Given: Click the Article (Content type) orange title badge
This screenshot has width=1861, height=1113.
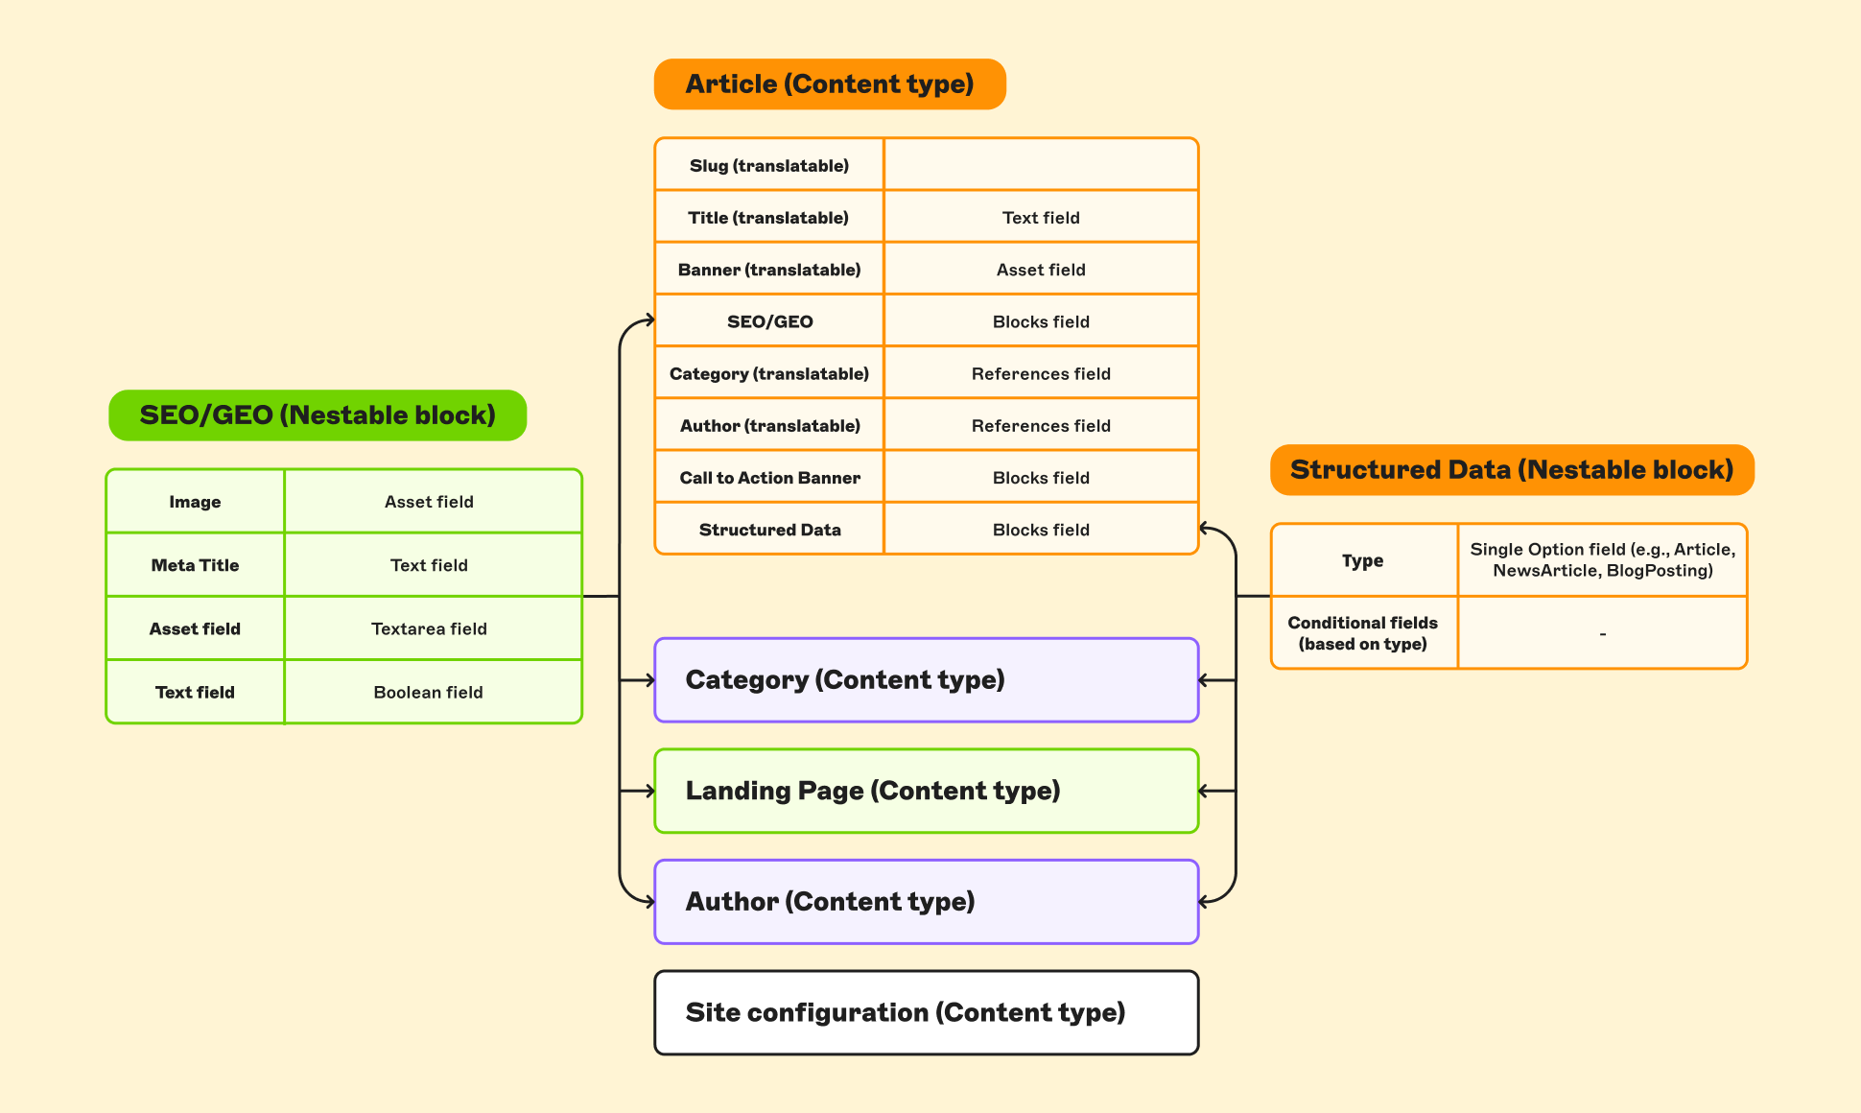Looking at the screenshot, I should (830, 84).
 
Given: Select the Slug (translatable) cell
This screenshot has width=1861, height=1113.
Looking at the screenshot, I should (769, 165).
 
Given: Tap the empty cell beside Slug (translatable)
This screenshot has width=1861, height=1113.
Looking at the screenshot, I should (1041, 165).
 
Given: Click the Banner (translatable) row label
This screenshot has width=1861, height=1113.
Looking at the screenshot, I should (769, 270).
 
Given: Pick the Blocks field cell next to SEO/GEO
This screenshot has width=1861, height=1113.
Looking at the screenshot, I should (1041, 321).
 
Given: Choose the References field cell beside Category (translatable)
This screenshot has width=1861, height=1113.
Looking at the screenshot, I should (1041, 373).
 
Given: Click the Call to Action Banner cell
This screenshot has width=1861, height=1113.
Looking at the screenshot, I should (769, 478).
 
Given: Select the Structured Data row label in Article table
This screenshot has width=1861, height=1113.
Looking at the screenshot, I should (769, 530).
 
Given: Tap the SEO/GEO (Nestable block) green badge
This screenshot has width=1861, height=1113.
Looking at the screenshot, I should (318, 415).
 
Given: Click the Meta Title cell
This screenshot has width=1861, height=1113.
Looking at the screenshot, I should (195, 565).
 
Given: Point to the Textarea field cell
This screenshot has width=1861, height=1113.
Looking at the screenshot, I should (429, 628).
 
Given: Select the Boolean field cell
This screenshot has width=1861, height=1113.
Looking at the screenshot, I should (429, 692).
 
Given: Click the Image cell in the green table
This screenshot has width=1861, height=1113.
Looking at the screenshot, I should (195, 502).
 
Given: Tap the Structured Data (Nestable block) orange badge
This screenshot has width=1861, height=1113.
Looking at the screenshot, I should (1512, 470).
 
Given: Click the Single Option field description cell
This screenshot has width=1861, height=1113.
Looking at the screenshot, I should (1602, 559).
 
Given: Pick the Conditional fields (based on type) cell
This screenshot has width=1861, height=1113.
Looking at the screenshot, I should (1362, 633).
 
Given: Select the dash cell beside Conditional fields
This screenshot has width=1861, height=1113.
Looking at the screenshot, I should (1602, 633).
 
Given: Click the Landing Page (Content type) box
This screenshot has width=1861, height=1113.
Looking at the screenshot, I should (926, 791).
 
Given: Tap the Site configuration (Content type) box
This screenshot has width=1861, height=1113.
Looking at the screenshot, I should (926, 1012).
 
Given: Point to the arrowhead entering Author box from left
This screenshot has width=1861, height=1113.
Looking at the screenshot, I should (650, 902).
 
